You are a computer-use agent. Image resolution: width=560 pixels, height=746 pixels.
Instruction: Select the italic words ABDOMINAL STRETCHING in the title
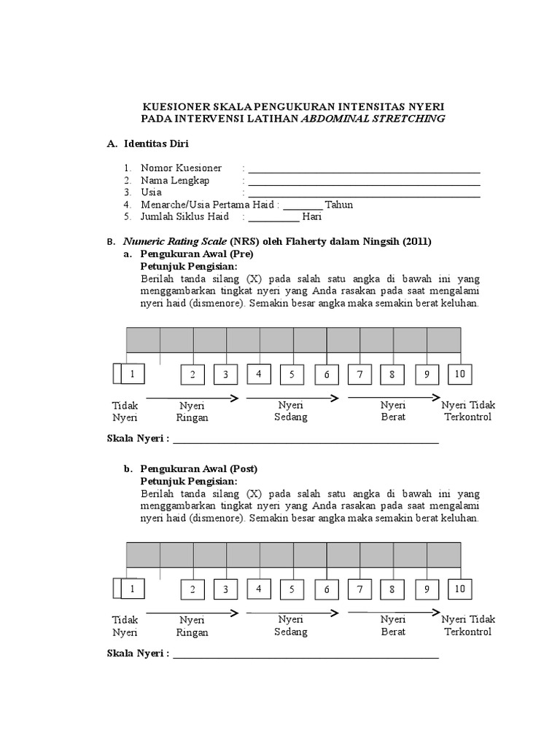pos(373,119)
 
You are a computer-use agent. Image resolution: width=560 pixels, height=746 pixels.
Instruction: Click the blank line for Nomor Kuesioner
pos(364,170)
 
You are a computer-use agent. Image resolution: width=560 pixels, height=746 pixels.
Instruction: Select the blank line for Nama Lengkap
pos(364,183)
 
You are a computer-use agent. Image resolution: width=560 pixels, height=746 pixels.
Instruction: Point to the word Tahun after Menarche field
pos(339,205)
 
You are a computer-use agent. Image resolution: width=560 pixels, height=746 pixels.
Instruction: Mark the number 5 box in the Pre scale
pos(291,374)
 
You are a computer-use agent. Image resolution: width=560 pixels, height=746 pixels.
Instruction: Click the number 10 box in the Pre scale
pos(459,374)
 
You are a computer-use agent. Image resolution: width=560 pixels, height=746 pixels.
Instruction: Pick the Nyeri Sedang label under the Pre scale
pos(291,411)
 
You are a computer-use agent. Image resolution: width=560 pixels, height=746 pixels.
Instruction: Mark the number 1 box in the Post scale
pos(132,589)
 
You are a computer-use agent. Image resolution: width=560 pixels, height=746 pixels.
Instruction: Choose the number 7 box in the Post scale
pos(359,589)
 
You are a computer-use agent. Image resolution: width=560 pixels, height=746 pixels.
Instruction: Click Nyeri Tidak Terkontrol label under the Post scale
pos(467,625)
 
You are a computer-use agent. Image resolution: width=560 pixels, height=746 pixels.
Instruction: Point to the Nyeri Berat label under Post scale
pos(393,626)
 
